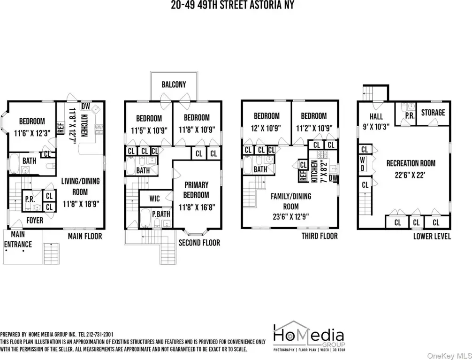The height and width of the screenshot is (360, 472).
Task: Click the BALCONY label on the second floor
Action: point(174,84)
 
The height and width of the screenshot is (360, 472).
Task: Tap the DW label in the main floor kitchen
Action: point(86,107)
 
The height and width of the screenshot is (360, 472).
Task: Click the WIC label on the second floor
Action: point(154,199)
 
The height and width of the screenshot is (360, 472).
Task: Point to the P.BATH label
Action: point(161,214)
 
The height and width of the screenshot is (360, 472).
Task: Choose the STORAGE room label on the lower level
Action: point(433,113)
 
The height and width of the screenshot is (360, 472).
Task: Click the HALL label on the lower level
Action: point(376,116)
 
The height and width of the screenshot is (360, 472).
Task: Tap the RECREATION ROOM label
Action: point(411,163)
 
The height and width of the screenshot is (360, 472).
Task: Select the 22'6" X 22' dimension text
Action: point(410,175)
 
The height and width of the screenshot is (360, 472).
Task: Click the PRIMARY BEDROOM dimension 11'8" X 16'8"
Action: point(197,207)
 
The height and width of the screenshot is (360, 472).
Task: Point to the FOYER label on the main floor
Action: point(35,220)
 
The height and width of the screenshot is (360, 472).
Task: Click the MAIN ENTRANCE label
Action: point(18,239)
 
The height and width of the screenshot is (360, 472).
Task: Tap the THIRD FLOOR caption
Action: point(320,236)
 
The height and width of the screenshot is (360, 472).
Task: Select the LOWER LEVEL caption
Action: point(432,236)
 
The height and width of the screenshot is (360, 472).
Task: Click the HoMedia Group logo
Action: point(309,336)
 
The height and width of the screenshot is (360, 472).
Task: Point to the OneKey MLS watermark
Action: point(449,356)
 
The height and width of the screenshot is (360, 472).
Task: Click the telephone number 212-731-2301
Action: point(99,334)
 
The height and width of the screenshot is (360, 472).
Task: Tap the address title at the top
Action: point(232,5)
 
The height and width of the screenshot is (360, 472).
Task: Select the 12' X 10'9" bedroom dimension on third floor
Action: point(266,128)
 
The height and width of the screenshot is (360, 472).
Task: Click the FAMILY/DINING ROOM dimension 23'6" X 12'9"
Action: point(291,216)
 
